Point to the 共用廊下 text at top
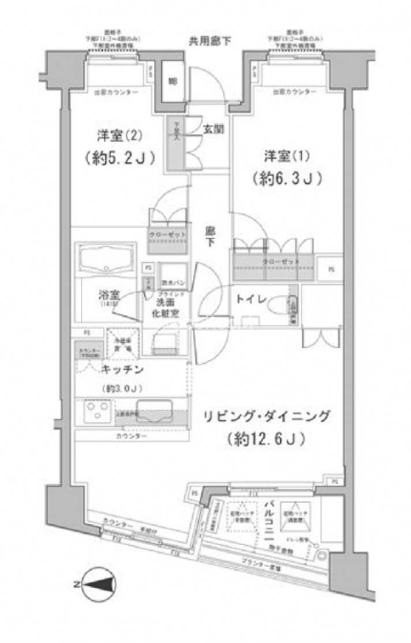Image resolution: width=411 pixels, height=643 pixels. pos(210,41)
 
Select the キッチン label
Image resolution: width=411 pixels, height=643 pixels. pos(121,368)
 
